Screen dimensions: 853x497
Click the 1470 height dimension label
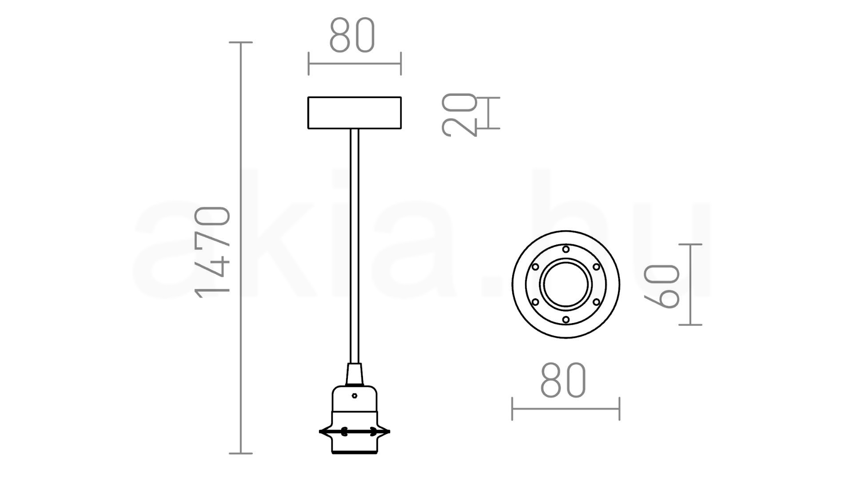pyautogui.click(x=213, y=252)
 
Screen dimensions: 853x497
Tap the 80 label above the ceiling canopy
pyautogui.click(x=352, y=35)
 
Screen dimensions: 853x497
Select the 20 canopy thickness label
pyautogui.click(x=459, y=114)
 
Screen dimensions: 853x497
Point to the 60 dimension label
pyautogui.click(x=662, y=286)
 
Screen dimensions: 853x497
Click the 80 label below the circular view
pyautogui.click(x=564, y=380)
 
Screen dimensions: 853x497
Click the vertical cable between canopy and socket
pyautogui.click(x=354, y=246)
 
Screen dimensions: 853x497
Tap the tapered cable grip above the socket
pyautogui.click(x=355, y=375)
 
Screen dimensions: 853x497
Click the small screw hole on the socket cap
pyautogui.click(x=354, y=395)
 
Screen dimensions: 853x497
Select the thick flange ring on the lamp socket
pyautogui.click(x=355, y=431)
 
